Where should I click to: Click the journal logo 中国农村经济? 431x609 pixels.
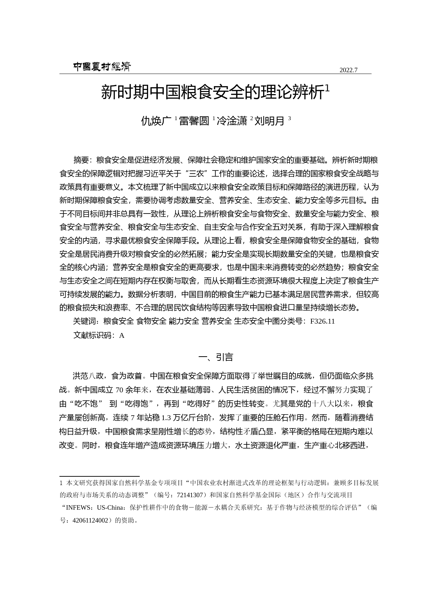coord(101,67)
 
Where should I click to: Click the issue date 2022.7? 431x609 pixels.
coord(348,70)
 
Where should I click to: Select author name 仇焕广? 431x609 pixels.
coord(156,121)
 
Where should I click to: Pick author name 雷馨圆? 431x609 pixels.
coord(194,121)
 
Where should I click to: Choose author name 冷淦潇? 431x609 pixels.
coord(232,121)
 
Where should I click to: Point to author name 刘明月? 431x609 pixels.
coord(270,121)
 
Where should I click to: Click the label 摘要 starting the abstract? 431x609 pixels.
coord(81,160)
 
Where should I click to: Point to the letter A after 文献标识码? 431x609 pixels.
coord(122,336)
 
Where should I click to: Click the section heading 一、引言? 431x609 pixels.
coord(215,357)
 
